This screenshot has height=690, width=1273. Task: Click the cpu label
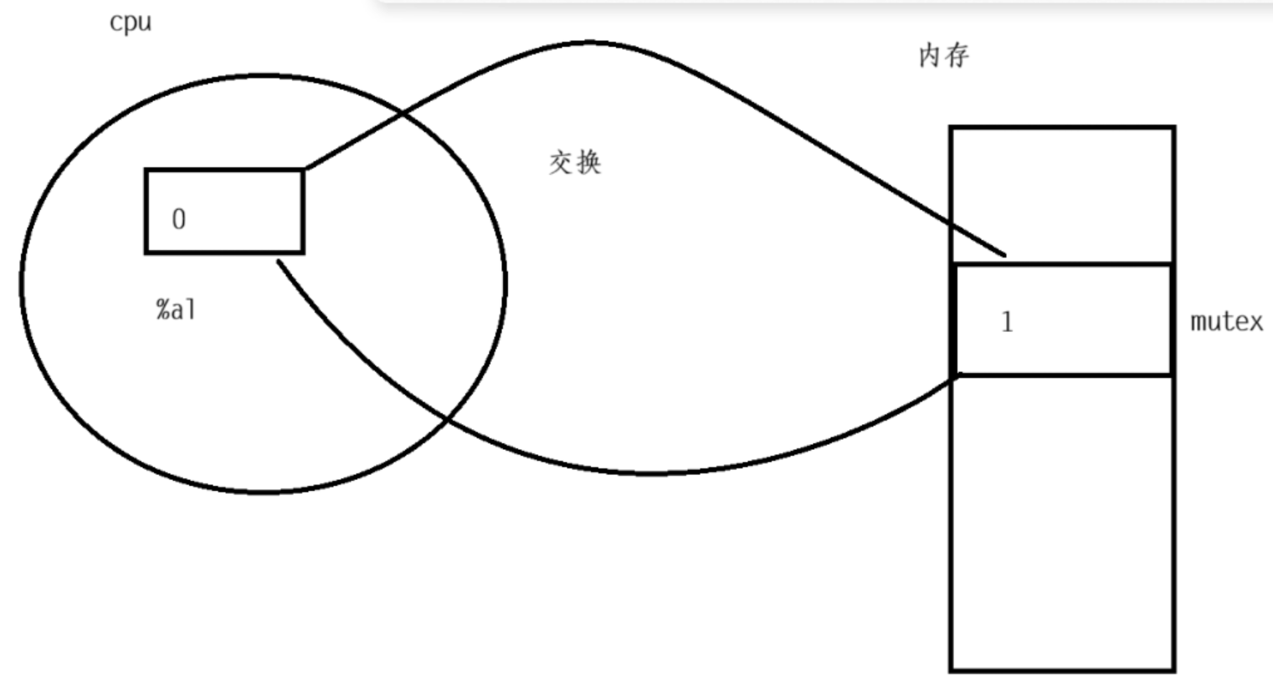131,23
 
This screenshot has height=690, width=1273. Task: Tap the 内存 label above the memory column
943,56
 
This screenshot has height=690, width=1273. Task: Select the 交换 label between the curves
575,162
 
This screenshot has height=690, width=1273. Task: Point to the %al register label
176,309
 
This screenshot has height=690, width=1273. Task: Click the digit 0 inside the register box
178,219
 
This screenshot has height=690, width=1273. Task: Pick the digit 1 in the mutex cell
1007,321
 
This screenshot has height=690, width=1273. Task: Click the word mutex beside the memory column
1226,322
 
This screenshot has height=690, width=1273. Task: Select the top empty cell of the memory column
1061,195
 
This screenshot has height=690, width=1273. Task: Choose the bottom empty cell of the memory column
1061,523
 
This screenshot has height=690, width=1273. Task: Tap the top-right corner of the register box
303,171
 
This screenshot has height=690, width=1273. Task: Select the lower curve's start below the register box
279,262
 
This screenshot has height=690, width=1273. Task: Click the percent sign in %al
162,309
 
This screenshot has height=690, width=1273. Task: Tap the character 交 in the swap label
561,162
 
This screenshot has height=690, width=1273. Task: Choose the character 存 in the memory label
957,56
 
